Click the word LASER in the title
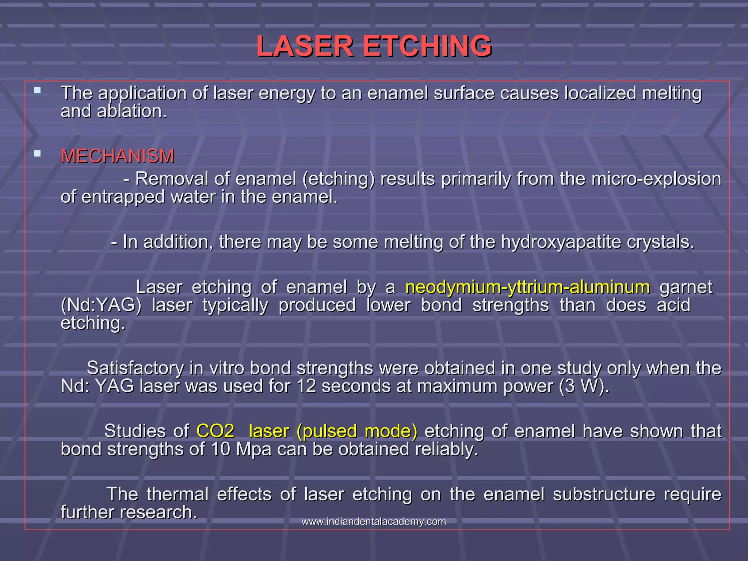[305, 46]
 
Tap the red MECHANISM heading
[117, 156]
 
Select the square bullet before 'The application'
[37, 90]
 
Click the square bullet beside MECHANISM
[37, 153]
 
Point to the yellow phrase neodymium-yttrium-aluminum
[527, 287]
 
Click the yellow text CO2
[215, 431]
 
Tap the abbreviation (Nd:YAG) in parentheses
[101, 305]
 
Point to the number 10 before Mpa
[221, 449]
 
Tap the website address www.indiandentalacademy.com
[374, 522]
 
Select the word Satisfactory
[135, 368]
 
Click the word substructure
[604, 494]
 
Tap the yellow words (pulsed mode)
[357, 431]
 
